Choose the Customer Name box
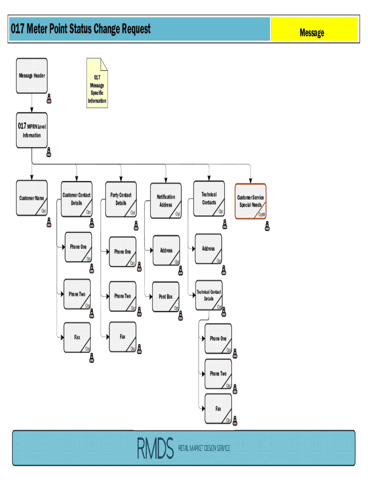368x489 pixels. click(x=32, y=198)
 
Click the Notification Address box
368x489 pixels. click(x=166, y=201)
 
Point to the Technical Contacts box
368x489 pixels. click(x=209, y=198)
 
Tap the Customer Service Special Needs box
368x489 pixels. click(x=250, y=201)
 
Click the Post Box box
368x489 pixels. click(x=166, y=297)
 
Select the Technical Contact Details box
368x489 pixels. click(x=209, y=295)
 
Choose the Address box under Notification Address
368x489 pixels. click(x=166, y=250)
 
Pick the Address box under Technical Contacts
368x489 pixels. click(x=208, y=249)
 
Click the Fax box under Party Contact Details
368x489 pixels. click(x=122, y=337)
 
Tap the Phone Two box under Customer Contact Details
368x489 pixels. click(x=77, y=295)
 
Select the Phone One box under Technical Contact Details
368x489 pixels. click(x=218, y=339)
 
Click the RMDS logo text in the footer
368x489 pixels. click(x=155, y=448)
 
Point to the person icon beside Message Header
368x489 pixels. click(x=49, y=99)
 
